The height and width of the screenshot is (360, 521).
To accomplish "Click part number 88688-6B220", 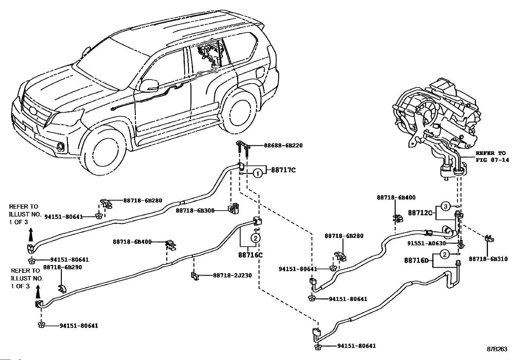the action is pyautogui.click(x=283, y=145).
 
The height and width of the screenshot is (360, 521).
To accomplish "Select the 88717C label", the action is pyautogui.click(x=283, y=170).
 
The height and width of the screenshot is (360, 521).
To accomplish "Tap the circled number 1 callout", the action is pyautogui.click(x=258, y=173).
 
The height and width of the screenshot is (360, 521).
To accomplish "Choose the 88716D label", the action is pyautogui.click(x=416, y=260).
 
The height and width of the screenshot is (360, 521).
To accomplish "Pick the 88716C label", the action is pyautogui.click(x=250, y=255).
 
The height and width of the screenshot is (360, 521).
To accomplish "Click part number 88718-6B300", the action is pyautogui.click(x=195, y=211).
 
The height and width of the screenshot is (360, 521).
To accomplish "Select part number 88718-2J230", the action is pyautogui.click(x=232, y=275).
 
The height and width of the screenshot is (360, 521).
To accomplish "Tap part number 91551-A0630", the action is pyautogui.click(x=426, y=243).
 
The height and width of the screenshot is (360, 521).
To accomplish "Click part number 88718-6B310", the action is pyautogui.click(x=488, y=259).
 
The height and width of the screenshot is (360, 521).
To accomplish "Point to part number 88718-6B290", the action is pyautogui.click(x=63, y=267).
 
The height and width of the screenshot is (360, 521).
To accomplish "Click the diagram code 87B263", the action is pyautogui.click(x=497, y=349).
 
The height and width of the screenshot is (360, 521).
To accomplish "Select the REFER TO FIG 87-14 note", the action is pyautogui.click(x=492, y=157).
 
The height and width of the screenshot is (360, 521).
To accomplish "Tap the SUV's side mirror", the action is pyautogui.click(x=149, y=85).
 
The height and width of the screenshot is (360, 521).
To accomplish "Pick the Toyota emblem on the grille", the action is pyautogui.click(x=33, y=112).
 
